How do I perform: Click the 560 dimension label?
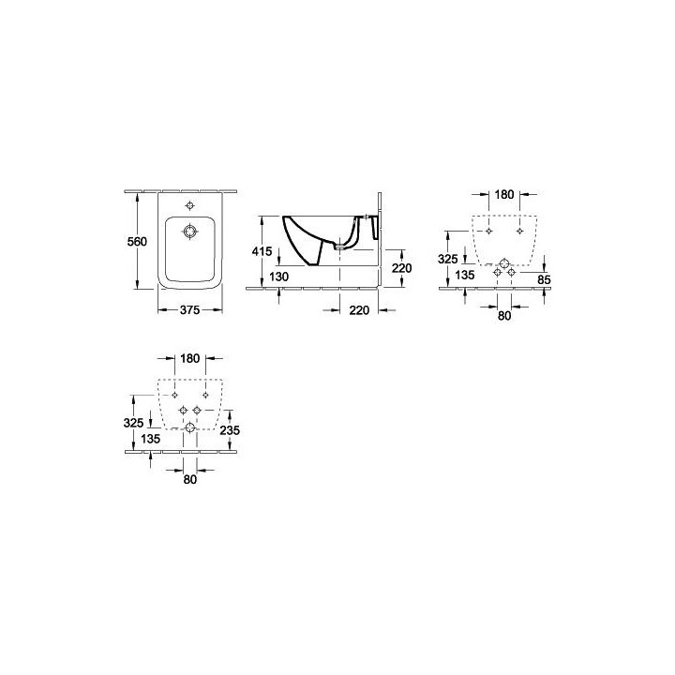137,242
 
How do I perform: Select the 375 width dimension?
189,309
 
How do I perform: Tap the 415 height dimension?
262,251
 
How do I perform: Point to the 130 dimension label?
279,277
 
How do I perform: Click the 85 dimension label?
545,279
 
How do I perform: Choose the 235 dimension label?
230,429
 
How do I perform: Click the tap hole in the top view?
189,205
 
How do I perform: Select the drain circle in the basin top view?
189,232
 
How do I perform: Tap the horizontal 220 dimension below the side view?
359,310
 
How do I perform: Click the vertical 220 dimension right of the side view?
402,268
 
